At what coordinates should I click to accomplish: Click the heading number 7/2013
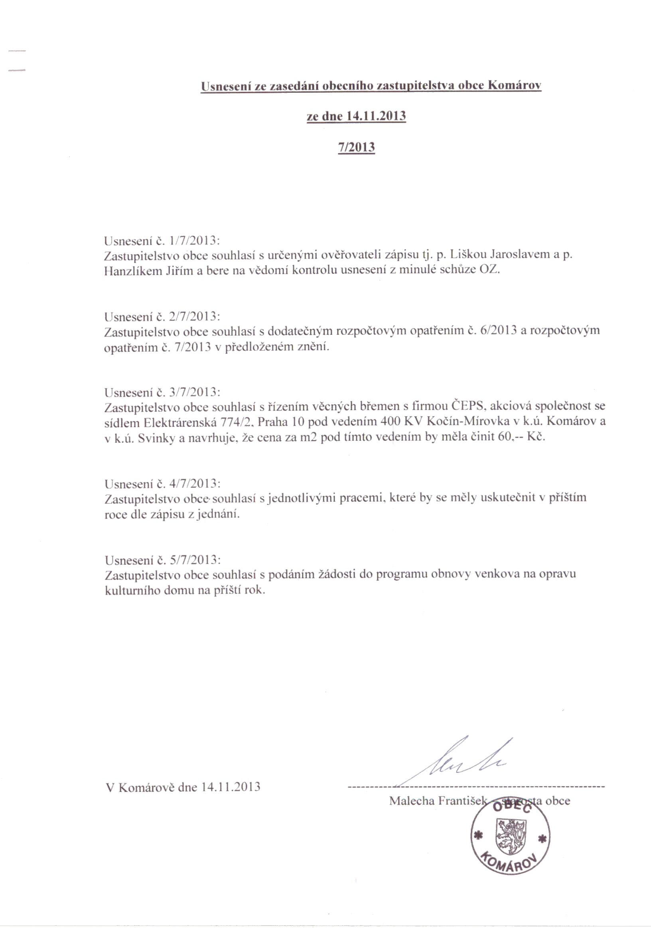pyautogui.click(x=356, y=147)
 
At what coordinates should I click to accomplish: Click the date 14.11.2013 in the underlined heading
pyautogui.click(x=376, y=116)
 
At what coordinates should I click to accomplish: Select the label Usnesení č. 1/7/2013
pyautogui.click(x=162, y=241)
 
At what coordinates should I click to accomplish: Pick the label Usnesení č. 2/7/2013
pyautogui.click(x=162, y=316)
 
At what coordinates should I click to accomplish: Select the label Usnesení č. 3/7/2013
pyautogui.click(x=162, y=392)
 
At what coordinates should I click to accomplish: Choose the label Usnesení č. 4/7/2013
pyautogui.click(x=162, y=484)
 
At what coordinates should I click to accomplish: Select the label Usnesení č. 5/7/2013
pyautogui.click(x=162, y=560)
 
